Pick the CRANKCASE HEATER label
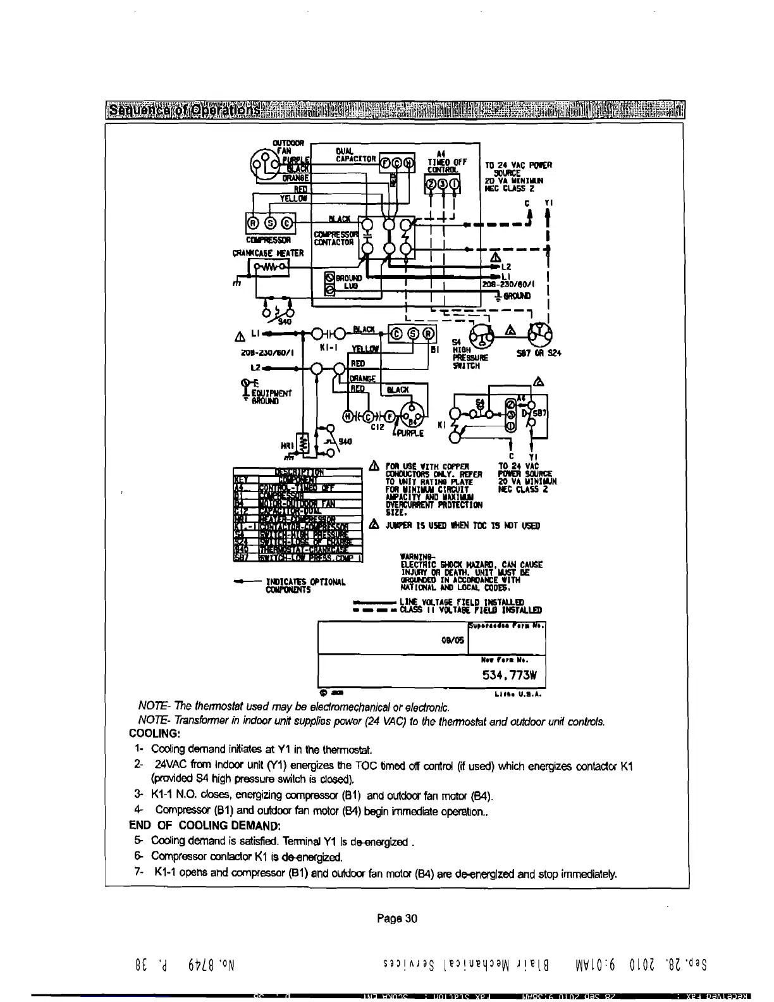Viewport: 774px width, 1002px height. click(x=267, y=253)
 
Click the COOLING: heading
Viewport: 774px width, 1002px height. click(x=155, y=734)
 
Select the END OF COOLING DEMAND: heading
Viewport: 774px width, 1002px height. click(x=204, y=826)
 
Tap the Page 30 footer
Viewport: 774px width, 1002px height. click(x=397, y=918)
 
